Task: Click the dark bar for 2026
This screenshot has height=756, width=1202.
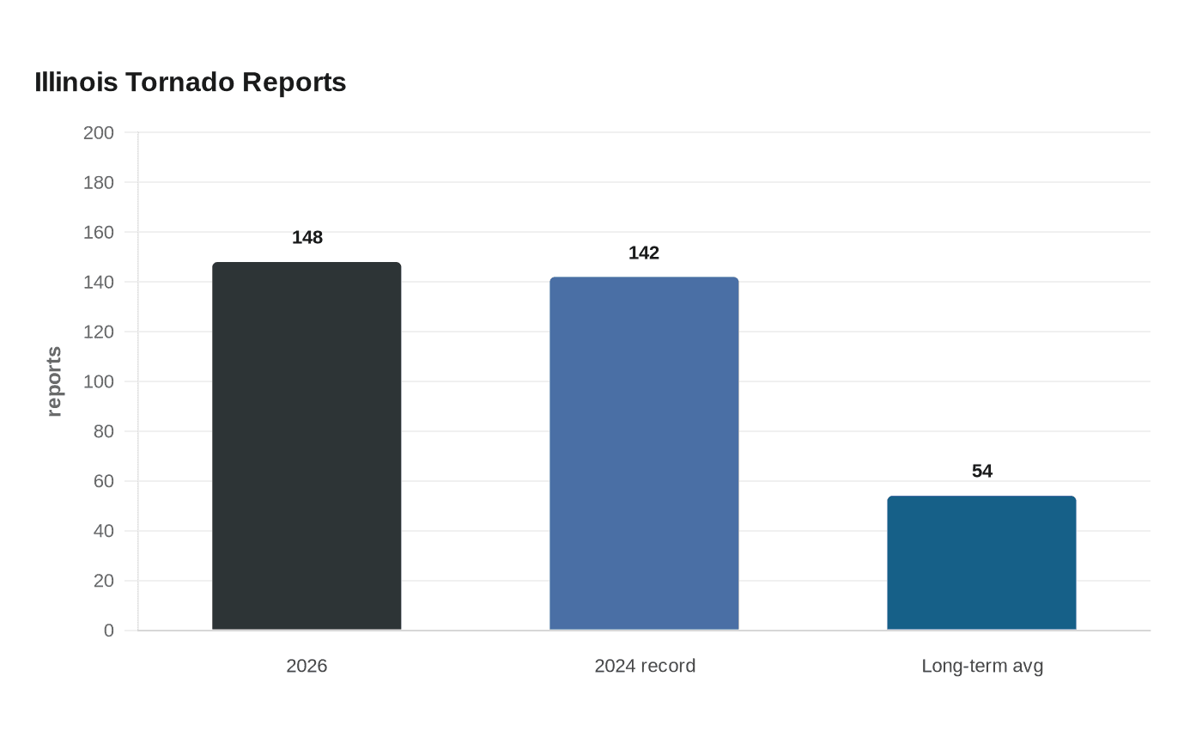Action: (307, 446)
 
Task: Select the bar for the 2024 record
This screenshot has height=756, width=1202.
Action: (644, 454)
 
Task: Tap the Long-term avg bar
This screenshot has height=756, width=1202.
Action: (981, 563)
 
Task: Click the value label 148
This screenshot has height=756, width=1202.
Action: (307, 237)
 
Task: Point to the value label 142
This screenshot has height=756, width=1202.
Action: (644, 253)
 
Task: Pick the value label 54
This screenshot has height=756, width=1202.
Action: (982, 471)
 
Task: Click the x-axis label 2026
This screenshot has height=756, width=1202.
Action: (307, 666)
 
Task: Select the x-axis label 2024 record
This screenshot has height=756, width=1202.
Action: (645, 666)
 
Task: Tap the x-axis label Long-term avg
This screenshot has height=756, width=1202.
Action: (982, 667)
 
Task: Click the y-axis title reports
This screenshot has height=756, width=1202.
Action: (53, 381)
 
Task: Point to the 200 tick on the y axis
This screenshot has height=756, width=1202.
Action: (98, 132)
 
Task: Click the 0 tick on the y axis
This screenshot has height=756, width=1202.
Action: (109, 631)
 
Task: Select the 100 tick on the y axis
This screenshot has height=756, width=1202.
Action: (98, 381)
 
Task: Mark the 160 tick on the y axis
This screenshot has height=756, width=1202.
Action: (98, 233)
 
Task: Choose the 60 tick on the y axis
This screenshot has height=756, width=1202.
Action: (104, 481)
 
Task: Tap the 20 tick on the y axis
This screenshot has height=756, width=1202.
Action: (104, 581)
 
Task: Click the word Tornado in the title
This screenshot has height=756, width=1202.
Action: (179, 82)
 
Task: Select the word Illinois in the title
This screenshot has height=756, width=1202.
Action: (76, 82)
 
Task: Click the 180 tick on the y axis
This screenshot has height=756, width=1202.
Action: (98, 182)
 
